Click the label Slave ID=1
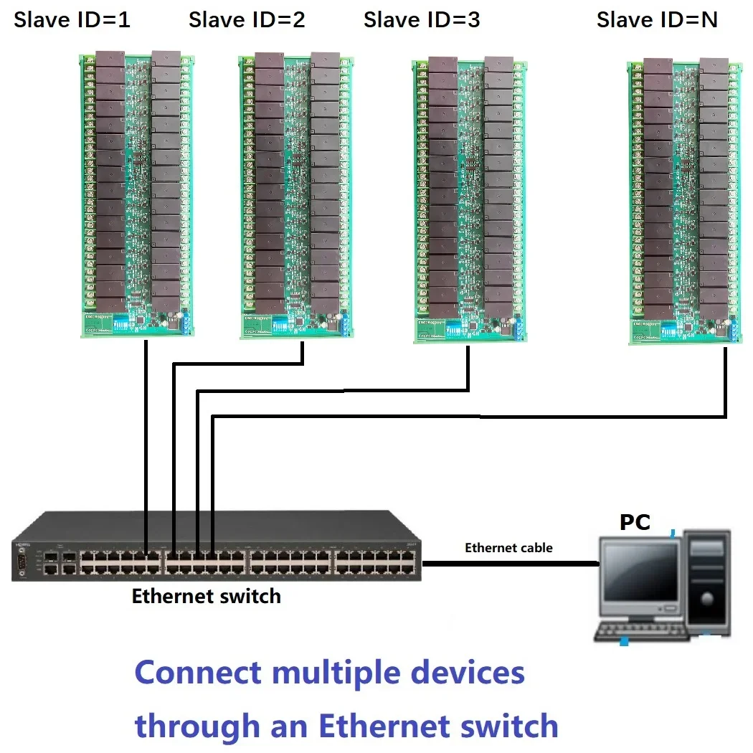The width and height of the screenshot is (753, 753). point(72,20)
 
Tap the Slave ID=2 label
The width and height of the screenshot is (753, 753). point(247,20)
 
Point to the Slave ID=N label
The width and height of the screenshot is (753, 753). point(657,20)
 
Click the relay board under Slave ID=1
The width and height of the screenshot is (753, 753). point(136,194)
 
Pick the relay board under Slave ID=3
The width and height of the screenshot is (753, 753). point(470,201)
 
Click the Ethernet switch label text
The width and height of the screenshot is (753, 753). point(206,596)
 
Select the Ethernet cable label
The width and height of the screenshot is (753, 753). point(508,548)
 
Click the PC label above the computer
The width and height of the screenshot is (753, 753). point(635,522)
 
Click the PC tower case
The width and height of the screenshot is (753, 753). point(706,581)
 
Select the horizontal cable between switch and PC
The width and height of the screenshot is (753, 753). point(510,564)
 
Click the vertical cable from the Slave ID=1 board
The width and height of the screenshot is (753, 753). point(146,430)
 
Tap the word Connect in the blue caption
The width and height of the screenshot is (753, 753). point(198,673)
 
